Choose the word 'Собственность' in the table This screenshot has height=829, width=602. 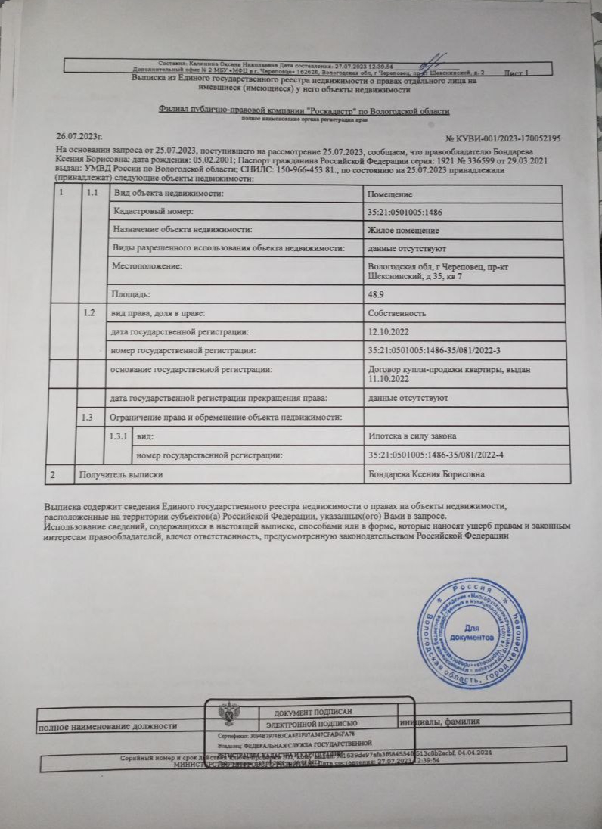pos(396,313)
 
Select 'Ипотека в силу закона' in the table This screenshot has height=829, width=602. pos(411,436)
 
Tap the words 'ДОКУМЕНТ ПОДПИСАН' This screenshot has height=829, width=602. pos(312,712)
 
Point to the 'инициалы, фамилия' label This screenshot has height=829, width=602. pos(441,722)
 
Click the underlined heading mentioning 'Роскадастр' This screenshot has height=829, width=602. pos(304,111)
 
